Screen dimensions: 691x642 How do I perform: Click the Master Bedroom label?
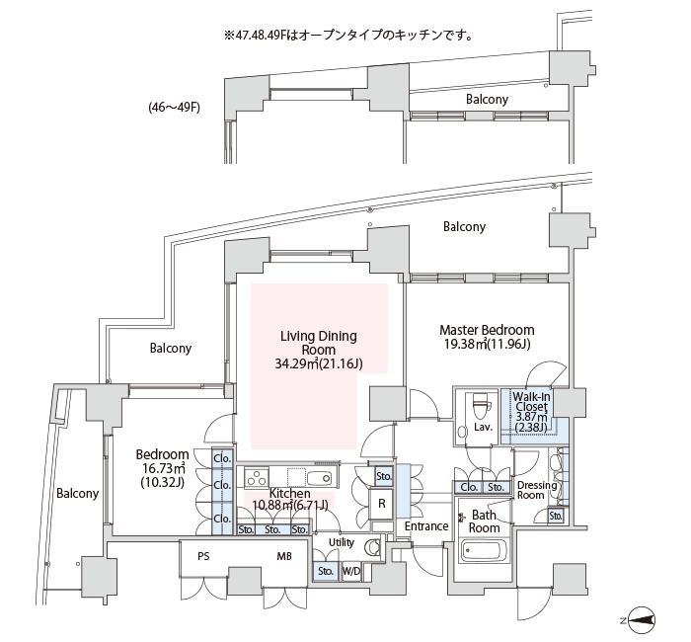tap(487, 330)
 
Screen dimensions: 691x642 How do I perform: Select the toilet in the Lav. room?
tap(481, 403)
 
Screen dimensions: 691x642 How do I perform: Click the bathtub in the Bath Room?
tap(484, 550)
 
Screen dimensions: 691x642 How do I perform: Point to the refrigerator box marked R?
tap(382, 504)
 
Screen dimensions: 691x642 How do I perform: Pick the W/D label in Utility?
tap(351, 572)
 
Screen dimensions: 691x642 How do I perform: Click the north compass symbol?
tap(642, 621)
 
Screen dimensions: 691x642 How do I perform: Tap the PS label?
tap(203, 556)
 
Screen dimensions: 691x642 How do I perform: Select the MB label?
tap(284, 556)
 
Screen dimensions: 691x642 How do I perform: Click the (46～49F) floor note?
tap(174, 107)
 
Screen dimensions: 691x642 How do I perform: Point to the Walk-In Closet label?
tap(531, 401)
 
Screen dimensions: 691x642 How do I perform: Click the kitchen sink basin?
tap(320, 478)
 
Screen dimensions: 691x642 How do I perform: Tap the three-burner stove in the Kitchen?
tap(257, 478)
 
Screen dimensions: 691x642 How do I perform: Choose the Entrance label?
tap(426, 526)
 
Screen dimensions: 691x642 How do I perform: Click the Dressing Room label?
tap(537, 490)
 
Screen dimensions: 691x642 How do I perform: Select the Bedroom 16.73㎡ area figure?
tap(162, 468)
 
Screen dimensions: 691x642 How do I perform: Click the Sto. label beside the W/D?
tap(326, 572)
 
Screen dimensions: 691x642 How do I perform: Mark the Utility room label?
tap(342, 542)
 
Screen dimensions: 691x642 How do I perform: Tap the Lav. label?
tap(484, 427)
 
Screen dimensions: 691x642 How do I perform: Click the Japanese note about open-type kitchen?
tap(348, 35)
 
